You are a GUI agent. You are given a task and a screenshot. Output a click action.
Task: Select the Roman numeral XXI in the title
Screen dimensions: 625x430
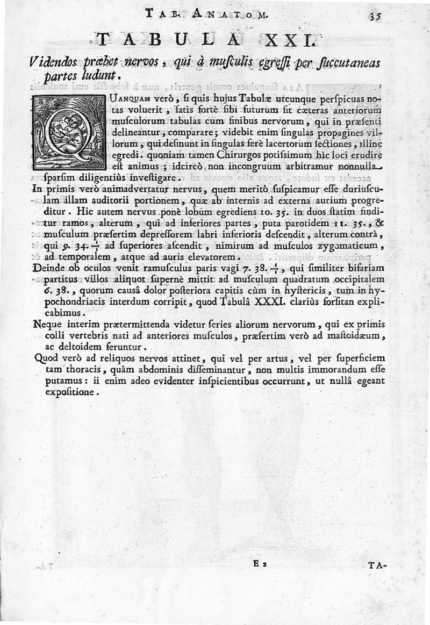[284, 40]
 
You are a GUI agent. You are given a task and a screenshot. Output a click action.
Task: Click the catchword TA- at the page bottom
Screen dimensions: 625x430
[378, 565]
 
